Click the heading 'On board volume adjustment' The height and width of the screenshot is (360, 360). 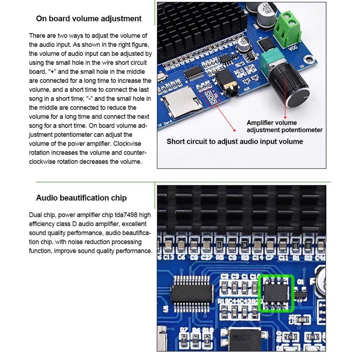pyautogui.click(x=89, y=18)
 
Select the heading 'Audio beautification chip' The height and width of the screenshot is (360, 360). pyautogui.click(x=81, y=198)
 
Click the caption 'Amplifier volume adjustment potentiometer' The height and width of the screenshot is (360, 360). pyautogui.click(x=284, y=126)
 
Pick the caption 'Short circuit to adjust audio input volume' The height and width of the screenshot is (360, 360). pyautogui.click(x=234, y=141)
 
